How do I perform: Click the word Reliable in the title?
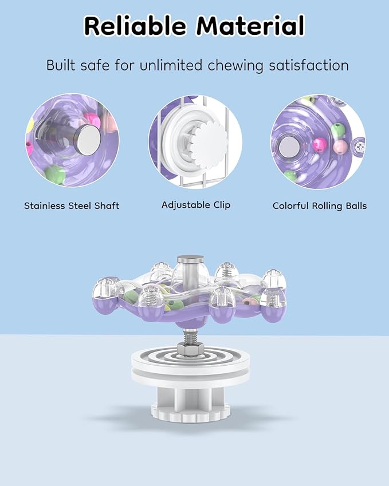click(x=135, y=26)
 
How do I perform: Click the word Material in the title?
click(x=250, y=26)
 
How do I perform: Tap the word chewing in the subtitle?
click(x=235, y=66)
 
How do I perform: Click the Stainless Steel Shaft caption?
click(x=72, y=206)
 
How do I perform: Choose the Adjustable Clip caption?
click(x=196, y=205)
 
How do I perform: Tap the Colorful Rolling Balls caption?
click(x=320, y=206)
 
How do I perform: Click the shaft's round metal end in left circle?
click(x=89, y=140)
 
